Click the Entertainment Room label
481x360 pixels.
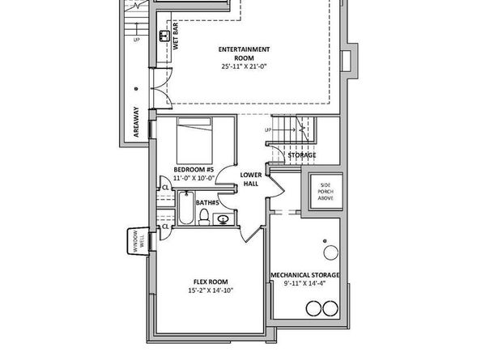[245, 53]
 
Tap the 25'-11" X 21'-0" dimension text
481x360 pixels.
[245, 66]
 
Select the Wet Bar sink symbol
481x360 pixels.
[164, 36]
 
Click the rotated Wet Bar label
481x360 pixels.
[176, 36]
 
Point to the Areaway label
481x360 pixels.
[136, 121]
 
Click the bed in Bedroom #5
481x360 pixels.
[194, 141]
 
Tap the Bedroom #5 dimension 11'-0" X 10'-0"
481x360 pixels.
[194, 178]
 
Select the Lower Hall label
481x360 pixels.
[251, 180]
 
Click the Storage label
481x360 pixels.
[302, 155]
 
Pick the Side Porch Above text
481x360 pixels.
[326, 192]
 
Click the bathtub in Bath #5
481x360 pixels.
[186, 207]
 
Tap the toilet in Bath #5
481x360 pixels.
[204, 217]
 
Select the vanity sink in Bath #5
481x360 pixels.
[223, 219]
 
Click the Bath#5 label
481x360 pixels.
[207, 202]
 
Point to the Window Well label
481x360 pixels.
[138, 242]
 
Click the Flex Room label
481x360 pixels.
[211, 282]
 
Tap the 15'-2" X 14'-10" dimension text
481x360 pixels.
[211, 290]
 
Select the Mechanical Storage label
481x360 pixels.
[305, 275]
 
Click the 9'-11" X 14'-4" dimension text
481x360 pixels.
[304, 283]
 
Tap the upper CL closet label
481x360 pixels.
[165, 187]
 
